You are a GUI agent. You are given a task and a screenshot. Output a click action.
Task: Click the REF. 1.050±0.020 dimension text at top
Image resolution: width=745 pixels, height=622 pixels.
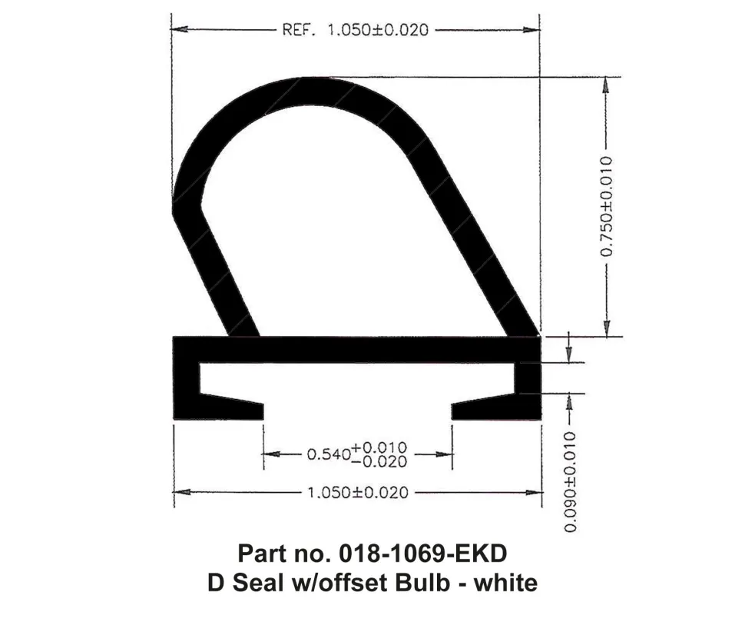click(356, 31)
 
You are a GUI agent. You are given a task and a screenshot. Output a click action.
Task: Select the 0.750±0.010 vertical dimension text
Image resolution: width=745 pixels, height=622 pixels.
click(607, 206)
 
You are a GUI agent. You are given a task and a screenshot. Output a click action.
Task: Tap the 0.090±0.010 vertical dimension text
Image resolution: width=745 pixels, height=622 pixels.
click(569, 481)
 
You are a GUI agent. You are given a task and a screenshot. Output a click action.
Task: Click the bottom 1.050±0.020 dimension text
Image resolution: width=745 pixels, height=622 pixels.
click(358, 493)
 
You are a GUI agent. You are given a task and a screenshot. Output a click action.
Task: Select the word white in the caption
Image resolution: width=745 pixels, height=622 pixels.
click(504, 582)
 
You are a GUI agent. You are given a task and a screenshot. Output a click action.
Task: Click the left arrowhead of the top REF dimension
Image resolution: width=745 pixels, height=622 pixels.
click(177, 30)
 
